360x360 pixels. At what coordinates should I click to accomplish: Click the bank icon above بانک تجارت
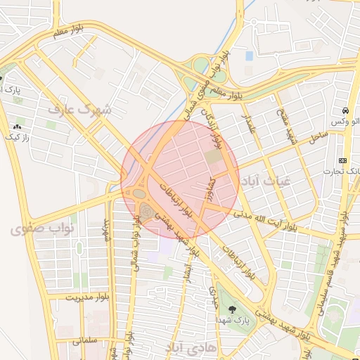pyautogui.click(x=342, y=160)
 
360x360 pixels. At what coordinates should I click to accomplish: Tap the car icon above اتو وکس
pyautogui.click(x=345, y=111)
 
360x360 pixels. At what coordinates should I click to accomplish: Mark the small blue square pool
pyautogui.click(x=249, y=56)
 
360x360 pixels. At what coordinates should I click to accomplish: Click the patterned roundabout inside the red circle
pyautogui.click(x=146, y=209)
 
